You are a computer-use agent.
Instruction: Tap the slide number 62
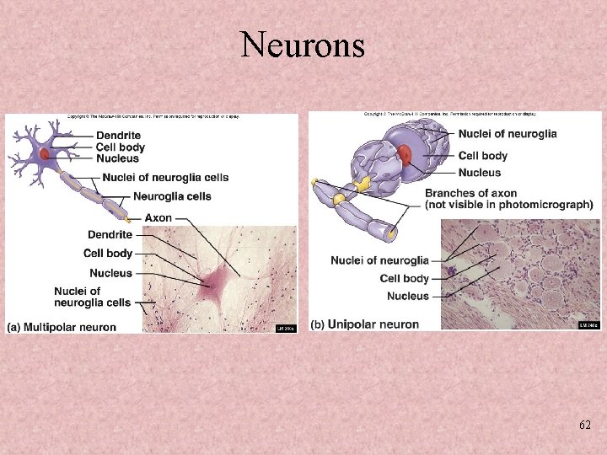point(584,426)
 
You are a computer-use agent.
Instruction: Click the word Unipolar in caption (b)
point(353,324)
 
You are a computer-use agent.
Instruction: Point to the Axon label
point(158,217)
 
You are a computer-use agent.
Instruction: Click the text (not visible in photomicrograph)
point(508,205)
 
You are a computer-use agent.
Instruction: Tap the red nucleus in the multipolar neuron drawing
point(42,154)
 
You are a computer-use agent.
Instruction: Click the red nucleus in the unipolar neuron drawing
point(406,155)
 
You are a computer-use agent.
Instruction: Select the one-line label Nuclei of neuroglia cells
point(165,178)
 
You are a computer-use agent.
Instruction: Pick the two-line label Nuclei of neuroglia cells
point(92,297)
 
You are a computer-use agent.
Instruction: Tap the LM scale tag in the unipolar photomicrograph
point(588,324)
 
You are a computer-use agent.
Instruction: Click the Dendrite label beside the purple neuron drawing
point(118,136)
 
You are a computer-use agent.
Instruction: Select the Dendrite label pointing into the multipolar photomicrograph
point(110,234)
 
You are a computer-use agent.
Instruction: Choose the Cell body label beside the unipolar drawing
point(482,156)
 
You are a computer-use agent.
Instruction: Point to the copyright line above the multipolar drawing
point(153,117)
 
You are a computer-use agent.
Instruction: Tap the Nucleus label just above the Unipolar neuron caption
point(407,297)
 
